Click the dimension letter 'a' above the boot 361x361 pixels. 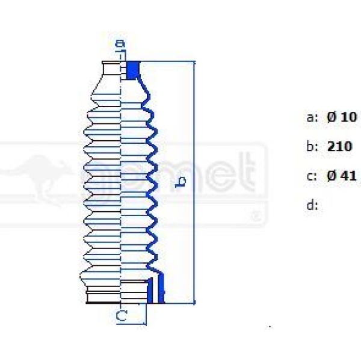pyautogui.click(x=120, y=43)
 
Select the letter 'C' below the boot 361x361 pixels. pyautogui.click(x=122, y=315)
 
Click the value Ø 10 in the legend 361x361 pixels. pyautogui.click(x=342, y=117)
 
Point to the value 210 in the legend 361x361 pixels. pyautogui.click(x=339, y=146)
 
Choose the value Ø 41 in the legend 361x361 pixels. pyautogui.click(x=342, y=176)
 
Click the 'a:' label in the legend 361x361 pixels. pyautogui.click(x=312, y=118)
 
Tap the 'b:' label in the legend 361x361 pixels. pyautogui.click(x=312, y=146)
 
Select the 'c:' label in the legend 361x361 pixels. pyautogui.click(x=311, y=176)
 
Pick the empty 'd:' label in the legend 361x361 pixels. pyautogui.click(x=312, y=205)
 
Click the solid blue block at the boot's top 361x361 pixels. pyautogui.click(x=133, y=69)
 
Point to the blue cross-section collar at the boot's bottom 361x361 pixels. pyautogui.click(x=157, y=287)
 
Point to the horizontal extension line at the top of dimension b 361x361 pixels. pyautogui.click(x=168, y=61)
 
